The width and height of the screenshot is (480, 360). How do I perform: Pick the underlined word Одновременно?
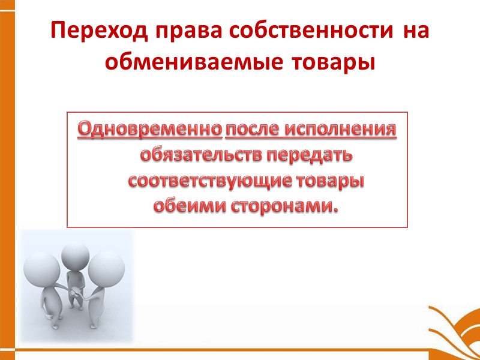149,129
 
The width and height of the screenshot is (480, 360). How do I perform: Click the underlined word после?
253,129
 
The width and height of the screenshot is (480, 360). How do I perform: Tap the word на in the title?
416,31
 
